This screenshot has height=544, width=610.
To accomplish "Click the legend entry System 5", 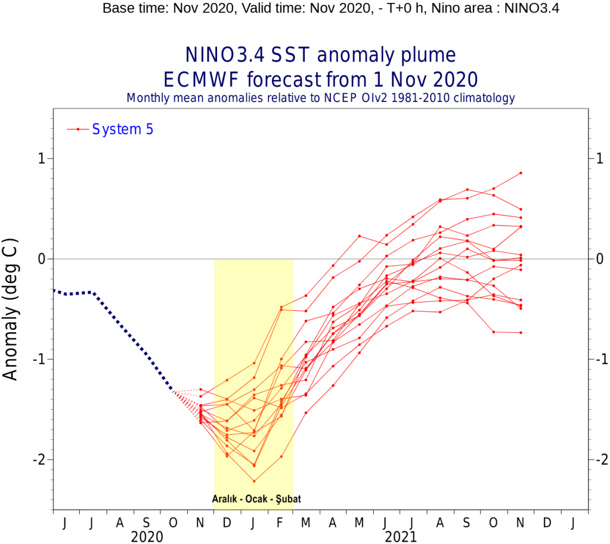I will [122, 129].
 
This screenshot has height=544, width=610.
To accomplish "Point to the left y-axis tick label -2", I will [41, 459].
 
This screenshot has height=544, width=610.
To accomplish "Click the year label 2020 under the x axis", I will [147, 536].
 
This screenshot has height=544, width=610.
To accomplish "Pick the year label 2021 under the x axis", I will [401, 536].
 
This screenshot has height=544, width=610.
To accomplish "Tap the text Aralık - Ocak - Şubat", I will [253, 500].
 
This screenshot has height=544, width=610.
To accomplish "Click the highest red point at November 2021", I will [521, 173].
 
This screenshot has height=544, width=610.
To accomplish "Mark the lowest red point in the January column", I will [254, 481].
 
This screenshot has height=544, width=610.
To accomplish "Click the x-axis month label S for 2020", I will [146, 523].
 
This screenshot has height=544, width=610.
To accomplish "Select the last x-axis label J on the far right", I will [574, 523].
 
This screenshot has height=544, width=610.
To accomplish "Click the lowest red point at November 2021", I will [521, 332].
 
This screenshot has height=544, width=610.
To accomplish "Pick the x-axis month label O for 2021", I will [493, 523].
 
